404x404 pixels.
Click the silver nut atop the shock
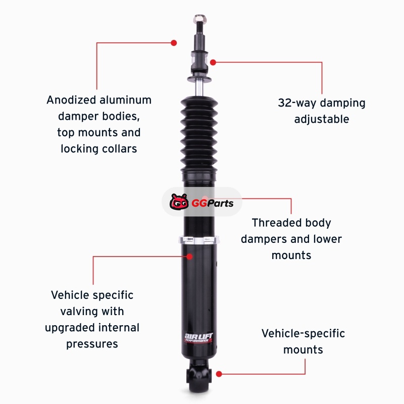199,18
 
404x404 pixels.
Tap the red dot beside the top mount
213,62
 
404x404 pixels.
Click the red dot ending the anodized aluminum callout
174,43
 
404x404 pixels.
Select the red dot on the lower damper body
189,257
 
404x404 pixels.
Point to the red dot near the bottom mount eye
219,374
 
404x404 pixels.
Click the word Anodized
71,100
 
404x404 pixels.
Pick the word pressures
92,344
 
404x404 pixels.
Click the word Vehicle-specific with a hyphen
303,333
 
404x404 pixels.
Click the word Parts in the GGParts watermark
220,204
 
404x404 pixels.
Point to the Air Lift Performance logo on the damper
198,337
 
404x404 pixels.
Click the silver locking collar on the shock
199,240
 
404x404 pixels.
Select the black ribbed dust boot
199,135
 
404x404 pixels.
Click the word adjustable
322,119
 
